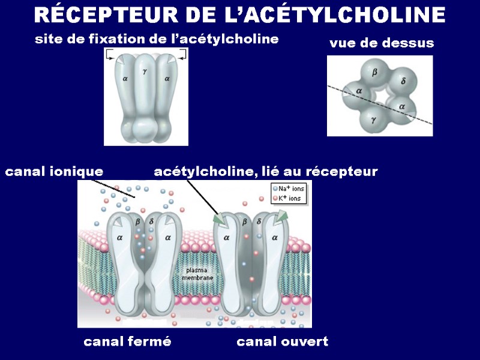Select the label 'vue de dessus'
click(x=382, y=44)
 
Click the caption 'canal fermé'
click(x=127, y=342)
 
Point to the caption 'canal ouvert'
click(x=283, y=342)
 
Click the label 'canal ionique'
click(x=54, y=172)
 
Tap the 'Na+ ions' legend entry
click(x=290, y=188)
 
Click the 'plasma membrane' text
click(x=197, y=275)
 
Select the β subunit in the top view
click(x=375, y=73)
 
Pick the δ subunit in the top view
click(x=403, y=80)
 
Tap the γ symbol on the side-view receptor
click(x=145, y=71)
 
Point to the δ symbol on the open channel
click(x=259, y=221)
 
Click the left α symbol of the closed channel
click(x=119, y=238)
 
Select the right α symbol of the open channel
click(x=275, y=238)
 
